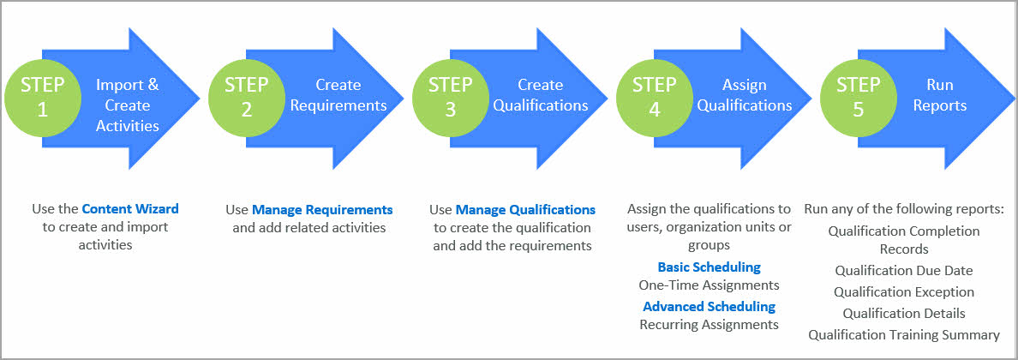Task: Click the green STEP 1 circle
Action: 42,96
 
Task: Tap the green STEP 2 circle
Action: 246,96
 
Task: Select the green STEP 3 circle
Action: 450,96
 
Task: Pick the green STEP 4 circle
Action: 654,96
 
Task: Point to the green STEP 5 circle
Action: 858,96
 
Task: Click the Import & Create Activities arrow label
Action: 127,105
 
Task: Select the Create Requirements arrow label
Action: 338,95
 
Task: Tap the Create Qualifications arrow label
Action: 541,95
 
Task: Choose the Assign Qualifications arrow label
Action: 744,95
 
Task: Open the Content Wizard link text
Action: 130,208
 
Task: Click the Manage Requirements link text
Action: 322,209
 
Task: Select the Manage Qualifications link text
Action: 525,209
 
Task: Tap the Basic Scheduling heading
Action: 709,267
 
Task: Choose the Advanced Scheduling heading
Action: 709,306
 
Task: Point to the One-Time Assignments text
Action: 709,285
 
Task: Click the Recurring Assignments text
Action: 709,325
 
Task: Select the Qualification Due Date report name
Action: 904,270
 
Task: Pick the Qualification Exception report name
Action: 904,291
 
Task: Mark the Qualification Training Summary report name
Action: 904,334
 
